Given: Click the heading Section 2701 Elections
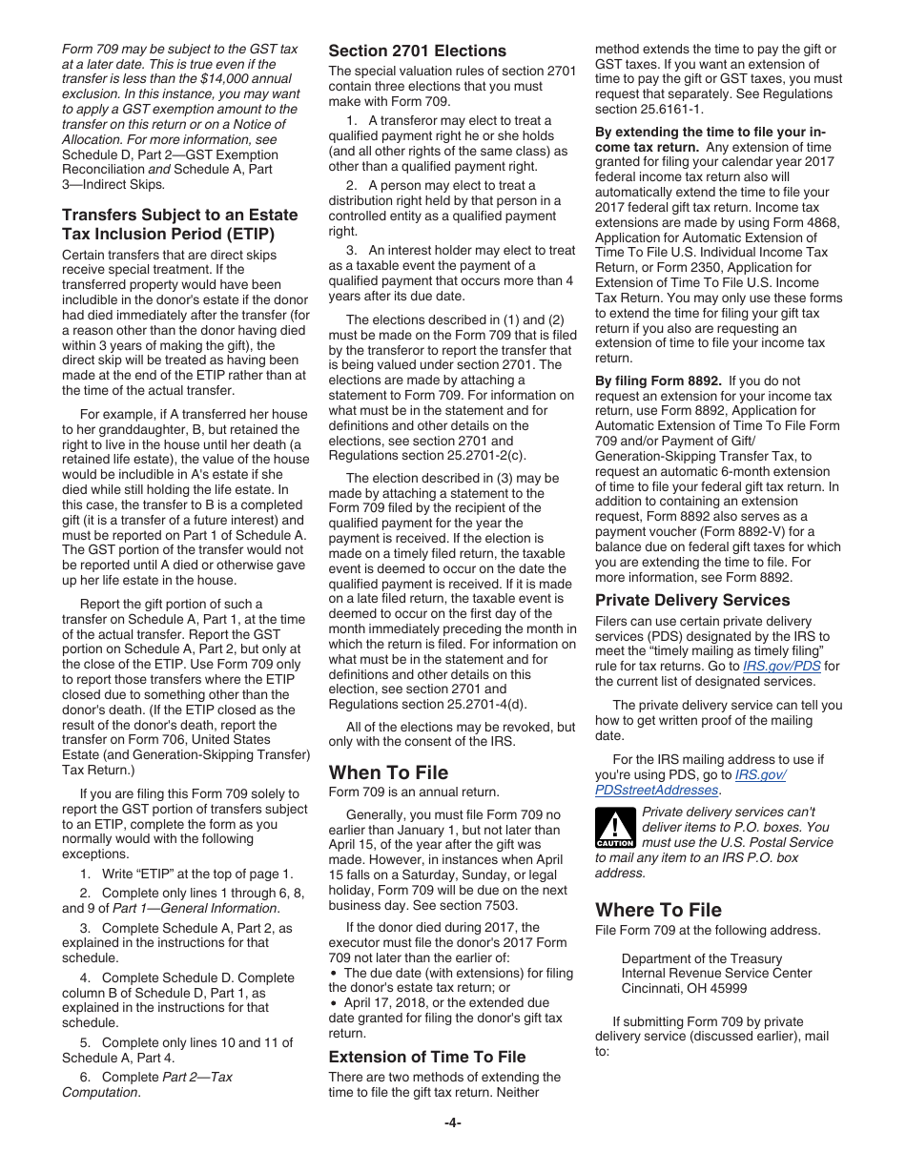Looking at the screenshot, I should (x=417, y=51).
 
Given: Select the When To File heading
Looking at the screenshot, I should (x=388, y=772).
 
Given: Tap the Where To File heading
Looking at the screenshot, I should (x=658, y=910).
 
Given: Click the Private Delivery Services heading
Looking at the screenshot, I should (x=692, y=600).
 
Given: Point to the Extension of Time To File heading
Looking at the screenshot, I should (x=426, y=1057).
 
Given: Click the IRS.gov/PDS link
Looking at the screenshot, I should (x=781, y=667).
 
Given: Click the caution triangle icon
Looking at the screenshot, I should (x=614, y=827).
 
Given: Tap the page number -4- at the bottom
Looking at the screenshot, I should (x=452, y=1122).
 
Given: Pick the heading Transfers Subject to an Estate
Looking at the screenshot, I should (x=179, y=216).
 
